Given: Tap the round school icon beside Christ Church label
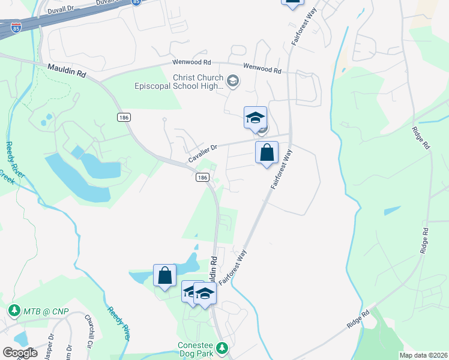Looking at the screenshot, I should [234, 80].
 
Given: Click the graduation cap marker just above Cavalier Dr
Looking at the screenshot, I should [255, 118].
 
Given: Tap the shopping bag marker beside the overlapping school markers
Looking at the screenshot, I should [164, 275].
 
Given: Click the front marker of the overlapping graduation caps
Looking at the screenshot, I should [205, 293].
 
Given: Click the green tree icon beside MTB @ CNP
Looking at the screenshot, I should [14, 311].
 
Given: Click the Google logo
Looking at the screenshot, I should [20, 353].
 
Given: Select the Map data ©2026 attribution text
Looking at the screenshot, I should [423, 355].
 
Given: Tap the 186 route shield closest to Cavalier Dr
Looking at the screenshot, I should [202, 178].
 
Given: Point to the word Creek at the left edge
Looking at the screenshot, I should [5, 178].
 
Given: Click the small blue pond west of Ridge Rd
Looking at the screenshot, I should [391, 211].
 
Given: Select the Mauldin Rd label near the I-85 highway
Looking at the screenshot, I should [66, 70].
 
